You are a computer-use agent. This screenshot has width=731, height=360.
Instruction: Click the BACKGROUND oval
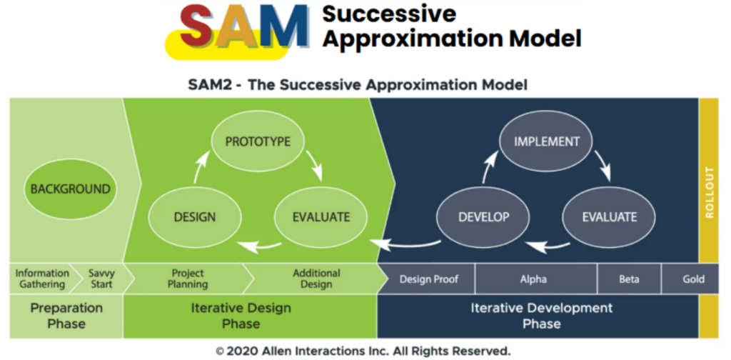click(70, 189)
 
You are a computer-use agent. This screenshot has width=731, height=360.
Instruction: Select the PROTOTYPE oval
click(258, 141)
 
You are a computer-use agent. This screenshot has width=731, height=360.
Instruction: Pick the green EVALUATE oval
click(321, 216)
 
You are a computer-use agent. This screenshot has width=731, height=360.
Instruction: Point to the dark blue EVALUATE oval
click(609, 216)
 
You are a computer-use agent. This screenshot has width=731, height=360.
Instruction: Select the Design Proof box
click(428, 279)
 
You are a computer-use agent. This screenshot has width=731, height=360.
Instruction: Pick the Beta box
click(629, 279)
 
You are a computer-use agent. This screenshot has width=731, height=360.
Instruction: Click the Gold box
click(692, 279)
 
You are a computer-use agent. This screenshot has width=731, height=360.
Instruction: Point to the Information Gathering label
click(42, 279)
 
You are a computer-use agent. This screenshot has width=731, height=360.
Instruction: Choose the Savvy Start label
click(101, 279)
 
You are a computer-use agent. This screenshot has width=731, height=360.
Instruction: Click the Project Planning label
click(188, 279)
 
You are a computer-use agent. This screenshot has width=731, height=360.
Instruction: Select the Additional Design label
click(316, 279)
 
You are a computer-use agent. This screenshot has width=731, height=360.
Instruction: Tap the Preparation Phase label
click(66, 315)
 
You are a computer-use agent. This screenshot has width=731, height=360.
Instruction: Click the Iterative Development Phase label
click(541, 315)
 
